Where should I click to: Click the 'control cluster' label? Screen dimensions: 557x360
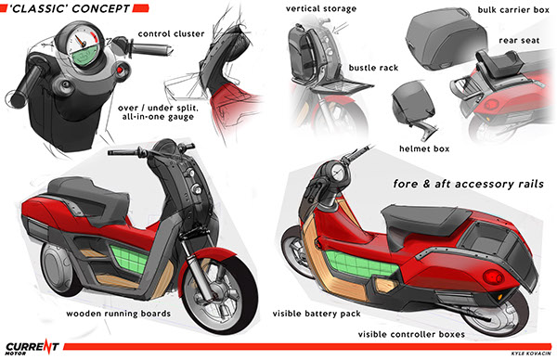[x=171, y=33]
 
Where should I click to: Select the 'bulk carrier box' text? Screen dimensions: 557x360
[x=513, y=10]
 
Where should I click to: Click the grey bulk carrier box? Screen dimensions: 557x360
[x=446, y=38]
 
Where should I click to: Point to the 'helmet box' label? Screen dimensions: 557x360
[x=424, y=148]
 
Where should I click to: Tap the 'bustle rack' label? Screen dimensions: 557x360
[x=373, y=68]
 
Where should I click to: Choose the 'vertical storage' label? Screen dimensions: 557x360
[x=321, y=9]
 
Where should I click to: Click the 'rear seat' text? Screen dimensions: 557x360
[x=519, y=41]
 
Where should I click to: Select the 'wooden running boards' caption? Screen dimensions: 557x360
[x=118, y=314]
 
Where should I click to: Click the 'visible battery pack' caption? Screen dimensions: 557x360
[x=317, y=314]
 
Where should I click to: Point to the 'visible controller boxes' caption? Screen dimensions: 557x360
[x=411, y=334]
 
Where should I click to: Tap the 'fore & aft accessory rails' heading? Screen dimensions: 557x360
[x=468, y=184]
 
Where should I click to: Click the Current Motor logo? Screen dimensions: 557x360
[x=32, y=347]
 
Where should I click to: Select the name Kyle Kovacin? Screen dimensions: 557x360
[x=531, y=354]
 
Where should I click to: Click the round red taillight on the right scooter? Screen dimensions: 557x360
[x=493, y=276]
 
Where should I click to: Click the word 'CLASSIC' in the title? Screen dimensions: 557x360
[x=38, y=8]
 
